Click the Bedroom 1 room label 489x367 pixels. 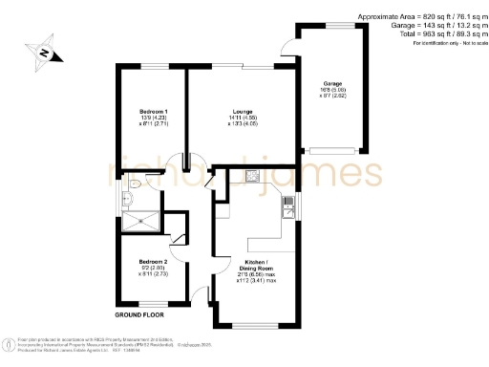coord(147,112)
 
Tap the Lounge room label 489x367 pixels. coord(227,112)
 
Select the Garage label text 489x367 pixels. coord(333,86)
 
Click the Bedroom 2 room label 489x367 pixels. coord(153,261)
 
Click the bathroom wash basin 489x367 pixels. coord(126,200)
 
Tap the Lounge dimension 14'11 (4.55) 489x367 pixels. coord(227,118)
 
